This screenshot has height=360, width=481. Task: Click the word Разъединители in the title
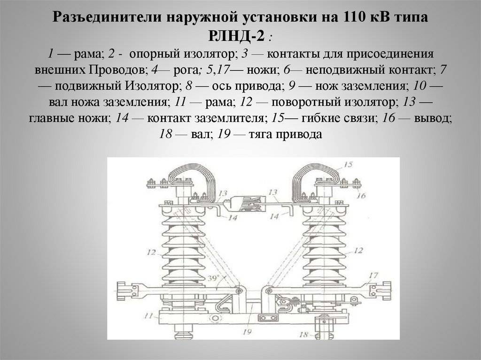108,17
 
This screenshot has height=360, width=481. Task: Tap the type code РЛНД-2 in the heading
236,37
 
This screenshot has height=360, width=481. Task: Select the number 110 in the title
351,17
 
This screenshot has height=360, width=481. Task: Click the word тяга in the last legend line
261,134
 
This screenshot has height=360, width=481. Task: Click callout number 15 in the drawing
348,165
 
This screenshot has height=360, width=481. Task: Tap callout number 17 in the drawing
373,276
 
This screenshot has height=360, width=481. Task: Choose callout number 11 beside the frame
148,315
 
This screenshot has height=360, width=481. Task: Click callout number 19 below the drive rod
247,331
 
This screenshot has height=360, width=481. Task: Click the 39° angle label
214,278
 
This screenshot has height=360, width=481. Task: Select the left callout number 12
151,253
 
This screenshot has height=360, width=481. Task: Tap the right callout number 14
274,216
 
